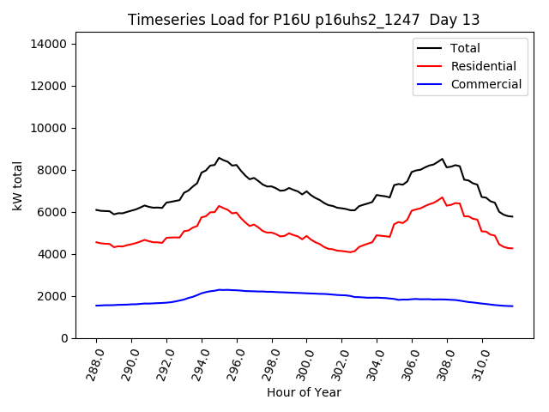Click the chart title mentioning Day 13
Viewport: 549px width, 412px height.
pyautogui.click(x=303, y=20)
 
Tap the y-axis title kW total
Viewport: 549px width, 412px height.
pyautogui.click(x=18, y=185)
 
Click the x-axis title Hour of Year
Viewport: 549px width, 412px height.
pyautogui.click(x=304, y=392)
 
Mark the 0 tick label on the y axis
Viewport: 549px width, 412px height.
pyautogui.click(x=68, y=338)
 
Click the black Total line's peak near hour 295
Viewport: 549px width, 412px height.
pyautogui.click(x=219, y=158)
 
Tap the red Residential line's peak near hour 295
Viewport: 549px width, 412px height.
pyautogui.click(x=219, y=206)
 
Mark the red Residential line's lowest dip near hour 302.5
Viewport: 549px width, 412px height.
pyautogui.click(x=350, y=252)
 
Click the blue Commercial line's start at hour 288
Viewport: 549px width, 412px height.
pyautogui.click(x=96, y=306)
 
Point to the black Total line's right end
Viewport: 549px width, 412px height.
pyautogui.click(x=512, y=216)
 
